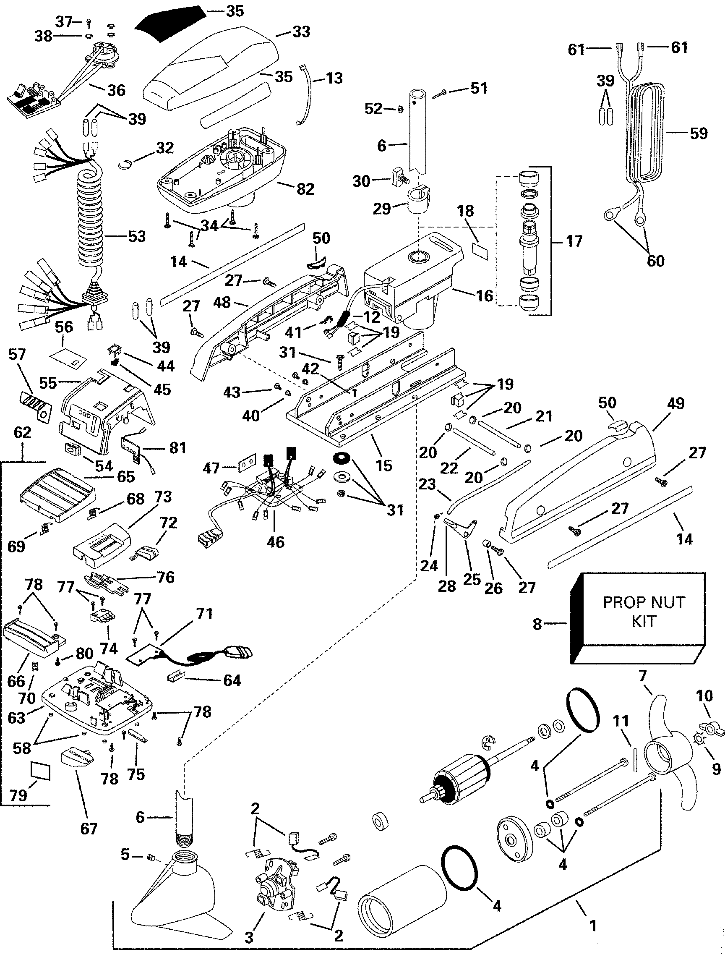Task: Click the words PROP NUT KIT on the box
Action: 644,611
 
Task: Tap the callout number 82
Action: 305,189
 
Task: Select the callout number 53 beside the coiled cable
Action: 137,237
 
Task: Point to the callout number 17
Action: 574,241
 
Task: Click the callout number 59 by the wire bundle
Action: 699,133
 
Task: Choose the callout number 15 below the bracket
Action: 384,465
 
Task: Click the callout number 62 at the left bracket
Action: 23,432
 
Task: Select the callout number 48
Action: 222,302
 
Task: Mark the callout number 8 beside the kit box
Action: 537,624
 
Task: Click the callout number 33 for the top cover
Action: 301,31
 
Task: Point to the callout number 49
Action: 675,403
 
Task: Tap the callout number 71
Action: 204,614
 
